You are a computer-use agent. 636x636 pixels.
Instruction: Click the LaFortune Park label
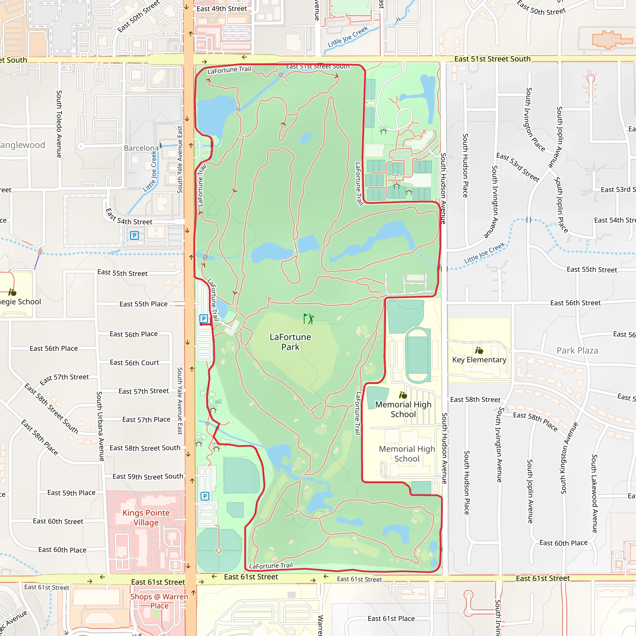290,342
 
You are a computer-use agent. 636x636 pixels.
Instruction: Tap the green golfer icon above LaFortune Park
308,319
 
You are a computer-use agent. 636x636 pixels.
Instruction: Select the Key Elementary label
479,360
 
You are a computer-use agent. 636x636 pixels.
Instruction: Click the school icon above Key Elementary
479,350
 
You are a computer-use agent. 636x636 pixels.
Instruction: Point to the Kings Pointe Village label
146,517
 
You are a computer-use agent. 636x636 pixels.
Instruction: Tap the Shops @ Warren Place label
159,601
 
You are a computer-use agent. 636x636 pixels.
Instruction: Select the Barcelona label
141,148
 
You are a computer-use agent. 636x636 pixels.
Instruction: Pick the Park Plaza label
577,351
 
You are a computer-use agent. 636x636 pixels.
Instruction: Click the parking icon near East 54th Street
134,235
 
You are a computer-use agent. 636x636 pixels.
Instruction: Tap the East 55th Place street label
143,304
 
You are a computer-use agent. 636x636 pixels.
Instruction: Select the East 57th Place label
146,419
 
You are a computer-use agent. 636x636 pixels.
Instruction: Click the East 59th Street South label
148,476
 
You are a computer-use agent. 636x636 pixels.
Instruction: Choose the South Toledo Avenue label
59,124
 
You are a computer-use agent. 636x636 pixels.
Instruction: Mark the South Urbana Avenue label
100,426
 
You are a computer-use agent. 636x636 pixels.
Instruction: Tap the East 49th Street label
221,9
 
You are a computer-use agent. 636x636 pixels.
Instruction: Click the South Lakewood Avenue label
594,494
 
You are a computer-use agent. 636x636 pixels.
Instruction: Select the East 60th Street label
58,521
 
